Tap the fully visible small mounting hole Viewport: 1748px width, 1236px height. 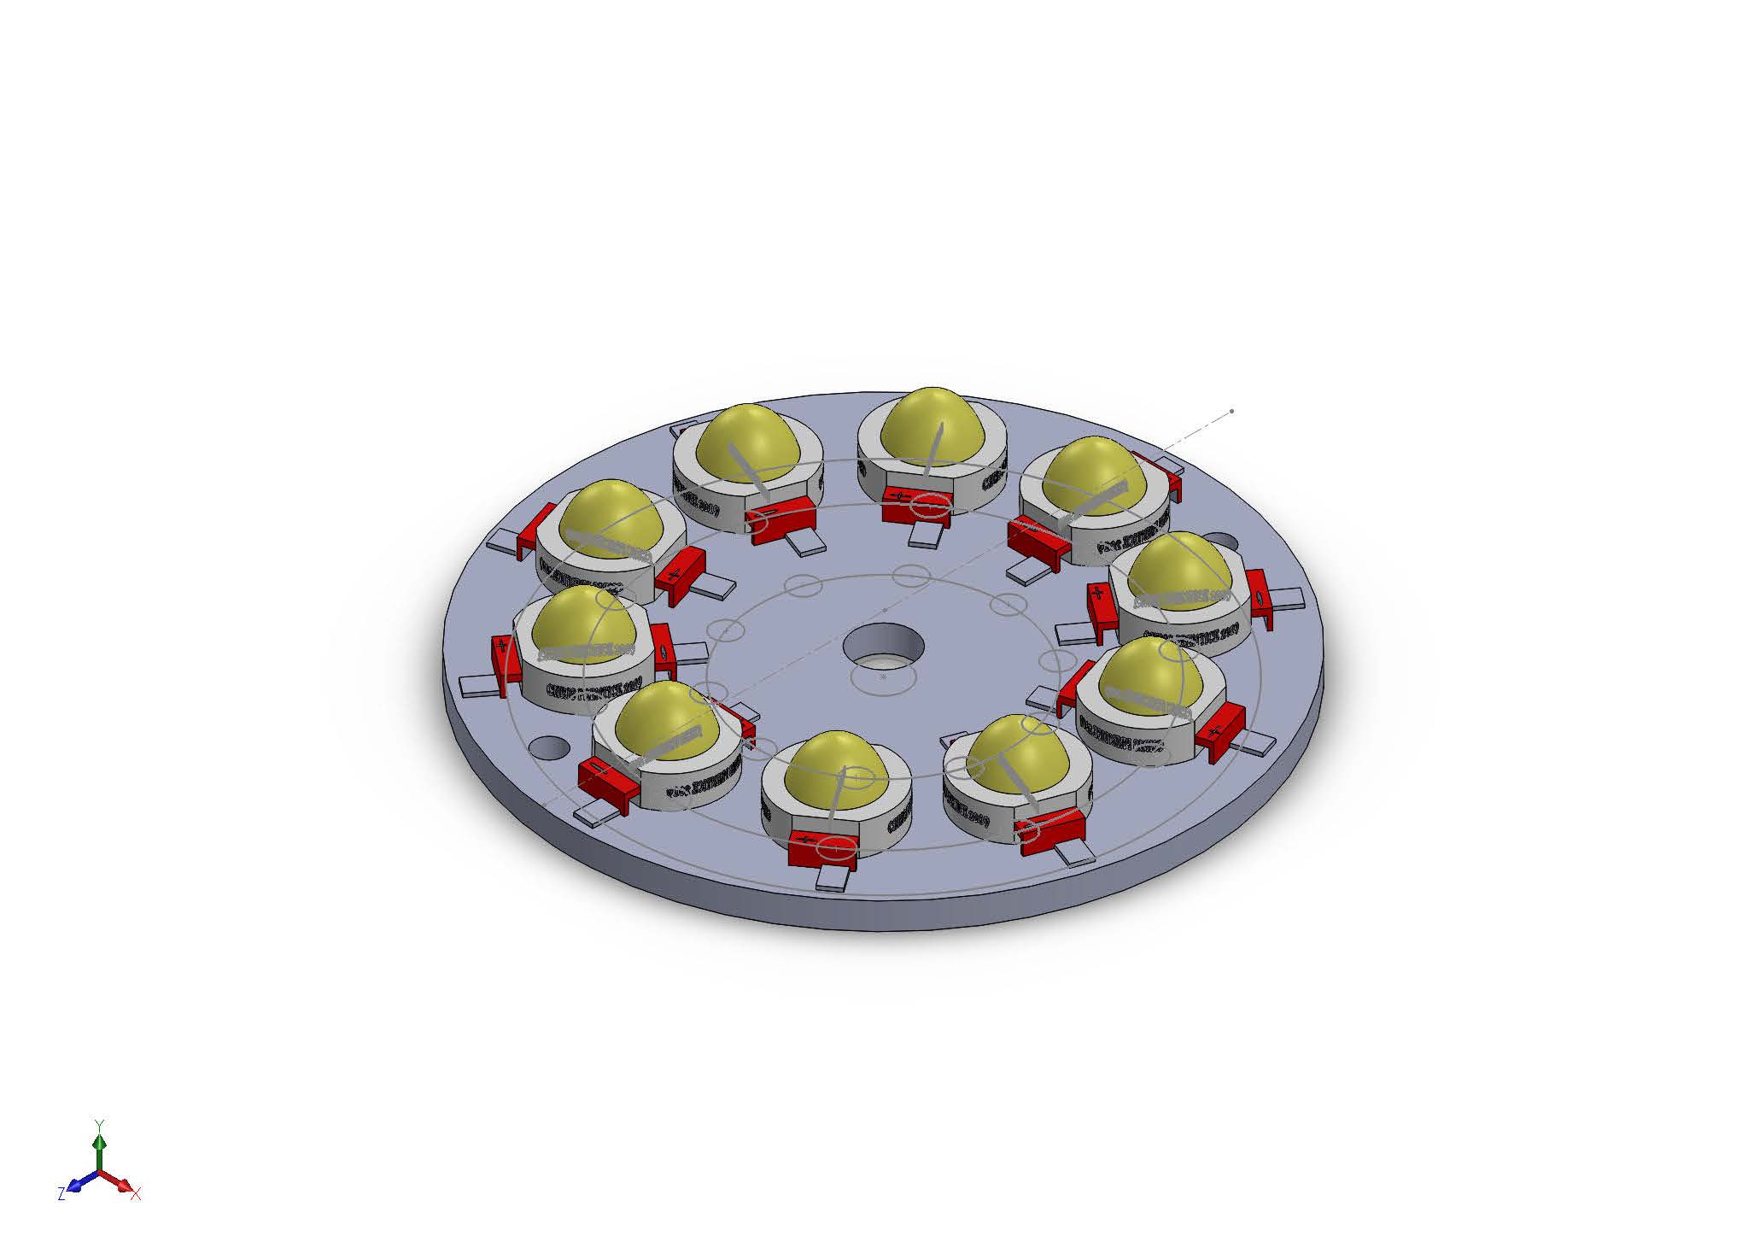coord(549,747)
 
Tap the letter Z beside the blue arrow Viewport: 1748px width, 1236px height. coord(61,1194)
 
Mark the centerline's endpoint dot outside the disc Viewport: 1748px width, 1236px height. coord(1231,412)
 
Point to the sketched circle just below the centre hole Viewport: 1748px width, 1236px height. coord(883,677)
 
